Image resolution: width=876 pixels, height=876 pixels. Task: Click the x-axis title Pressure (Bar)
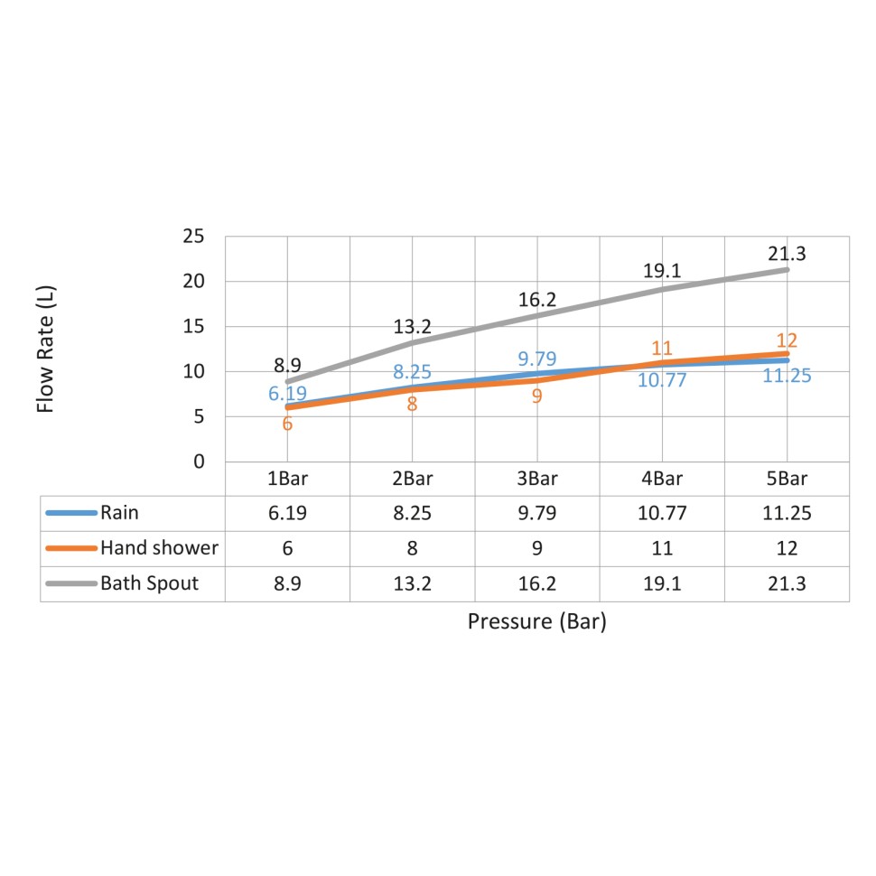[x=536, y=622]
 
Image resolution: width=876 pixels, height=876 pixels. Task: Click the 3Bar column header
[x=536, y=479]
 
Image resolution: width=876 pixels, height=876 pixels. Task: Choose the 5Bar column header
[x=787, y=479]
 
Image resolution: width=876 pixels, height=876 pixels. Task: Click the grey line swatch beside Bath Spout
[x=70, y=584]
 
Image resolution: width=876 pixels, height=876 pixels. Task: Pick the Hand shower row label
[x=159, y=548]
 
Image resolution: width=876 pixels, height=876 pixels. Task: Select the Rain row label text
[x=120, y=514]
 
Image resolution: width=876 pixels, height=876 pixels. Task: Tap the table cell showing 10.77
[x=662, y=514]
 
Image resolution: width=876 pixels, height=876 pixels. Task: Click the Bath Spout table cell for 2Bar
[x=412, y=584]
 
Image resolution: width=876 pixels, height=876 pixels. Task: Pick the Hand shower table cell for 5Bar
[x=787, y=548]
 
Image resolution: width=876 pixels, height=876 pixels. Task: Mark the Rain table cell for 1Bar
[x=287, y=514]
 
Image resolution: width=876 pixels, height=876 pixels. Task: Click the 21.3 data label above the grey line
[x=787, y=254]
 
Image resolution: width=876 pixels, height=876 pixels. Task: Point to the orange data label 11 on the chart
[x=663, y=349]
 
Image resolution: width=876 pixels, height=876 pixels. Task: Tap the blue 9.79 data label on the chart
[x=536, y=359]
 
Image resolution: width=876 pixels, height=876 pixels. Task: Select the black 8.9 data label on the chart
[x=287, y=366]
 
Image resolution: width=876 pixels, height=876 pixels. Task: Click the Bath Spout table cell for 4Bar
[x=662, y=584]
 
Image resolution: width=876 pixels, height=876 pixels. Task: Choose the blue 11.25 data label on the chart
[x=787, y=376]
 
